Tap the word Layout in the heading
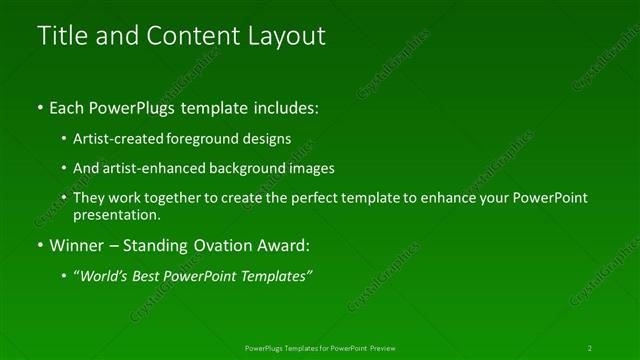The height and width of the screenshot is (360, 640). click(290, 36)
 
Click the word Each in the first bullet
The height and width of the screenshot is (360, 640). click(66, 106)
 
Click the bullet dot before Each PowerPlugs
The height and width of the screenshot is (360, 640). click(39, 107)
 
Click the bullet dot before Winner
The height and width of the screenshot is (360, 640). click(39, 245)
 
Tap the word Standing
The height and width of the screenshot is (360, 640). click(155, 245)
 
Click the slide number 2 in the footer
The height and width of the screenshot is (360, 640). click(590, 348)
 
